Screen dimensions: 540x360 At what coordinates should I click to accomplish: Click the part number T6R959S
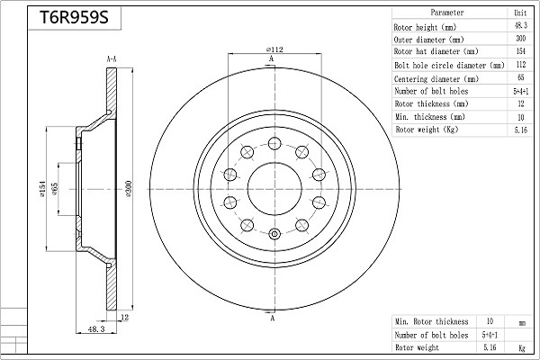(x=74, y=17)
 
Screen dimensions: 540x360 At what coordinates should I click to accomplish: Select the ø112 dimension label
(x=274, y=49)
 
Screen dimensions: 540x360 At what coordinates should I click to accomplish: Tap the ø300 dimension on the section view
(x=128, y=188)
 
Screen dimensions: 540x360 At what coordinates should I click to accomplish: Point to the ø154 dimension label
(x=42, y=188)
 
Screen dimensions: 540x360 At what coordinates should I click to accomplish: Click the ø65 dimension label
(x=54, y=189)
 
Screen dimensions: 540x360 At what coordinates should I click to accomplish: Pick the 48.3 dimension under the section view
(x=96, y=329)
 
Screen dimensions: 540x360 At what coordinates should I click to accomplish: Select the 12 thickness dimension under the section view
(x=125, y=317)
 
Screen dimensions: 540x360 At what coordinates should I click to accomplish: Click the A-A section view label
(x=112, y=59)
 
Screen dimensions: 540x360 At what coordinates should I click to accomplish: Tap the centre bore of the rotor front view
(x=274, y=189)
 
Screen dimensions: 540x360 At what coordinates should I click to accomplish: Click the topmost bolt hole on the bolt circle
(x=274, y=143)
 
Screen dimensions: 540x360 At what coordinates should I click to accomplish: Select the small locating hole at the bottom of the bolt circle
(x=274, y=234)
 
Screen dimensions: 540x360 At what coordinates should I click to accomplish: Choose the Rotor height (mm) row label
(x=425, y=27)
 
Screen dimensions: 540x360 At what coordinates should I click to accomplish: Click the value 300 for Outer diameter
(x=521, y=38)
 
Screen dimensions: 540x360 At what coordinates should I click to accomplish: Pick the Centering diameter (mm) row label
(x=436, y=79)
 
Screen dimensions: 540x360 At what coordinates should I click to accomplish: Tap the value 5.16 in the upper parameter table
(x=521, y=130)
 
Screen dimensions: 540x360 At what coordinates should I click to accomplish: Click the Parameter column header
(x=447, y=13)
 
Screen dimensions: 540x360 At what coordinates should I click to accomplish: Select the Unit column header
(x=520, y=13)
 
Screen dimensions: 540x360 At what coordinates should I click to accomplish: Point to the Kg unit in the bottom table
(x=522, y=348)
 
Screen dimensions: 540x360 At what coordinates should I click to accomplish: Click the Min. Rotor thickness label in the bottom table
(x=431, y=322)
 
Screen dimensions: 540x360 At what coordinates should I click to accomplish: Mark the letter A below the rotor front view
(x=272, y=318)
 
